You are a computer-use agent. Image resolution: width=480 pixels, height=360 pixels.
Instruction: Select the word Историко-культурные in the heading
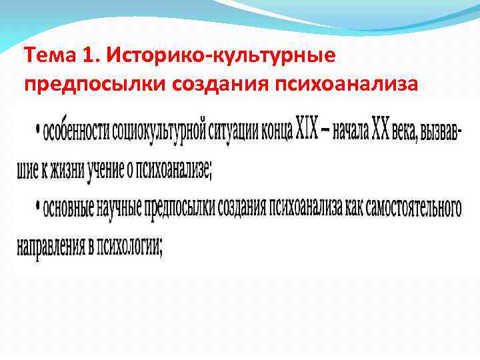pos(221,55)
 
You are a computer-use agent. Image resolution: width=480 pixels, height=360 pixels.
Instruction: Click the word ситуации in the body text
pos(233,131)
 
